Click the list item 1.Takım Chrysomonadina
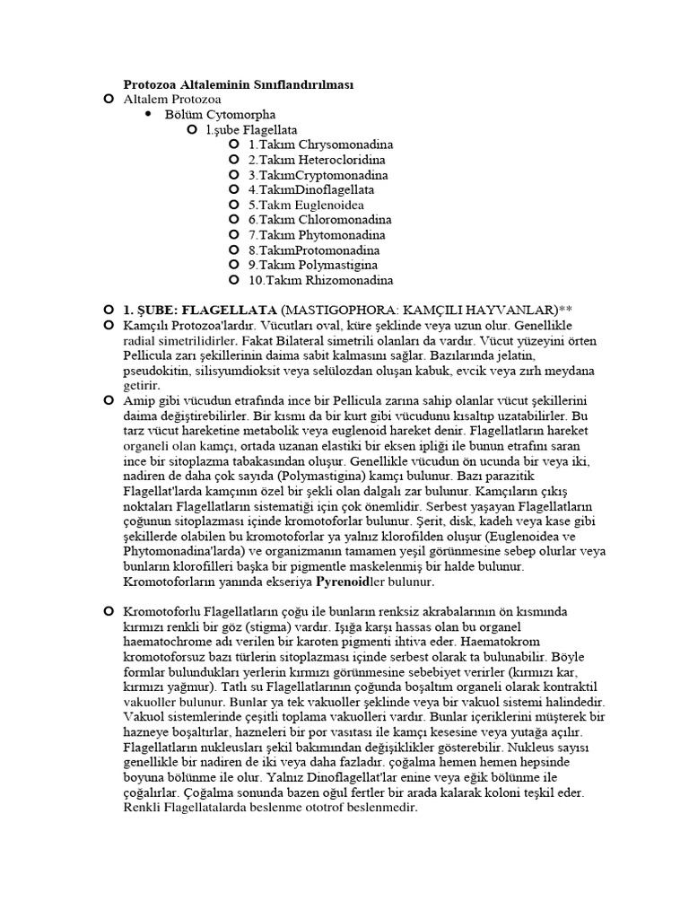[x=320, y=144]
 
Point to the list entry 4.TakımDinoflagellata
[x=311, y=190]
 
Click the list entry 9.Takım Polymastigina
[x=313, y=266]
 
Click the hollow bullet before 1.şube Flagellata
[x=191, y=130]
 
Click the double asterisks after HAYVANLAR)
[x=565, y=310]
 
